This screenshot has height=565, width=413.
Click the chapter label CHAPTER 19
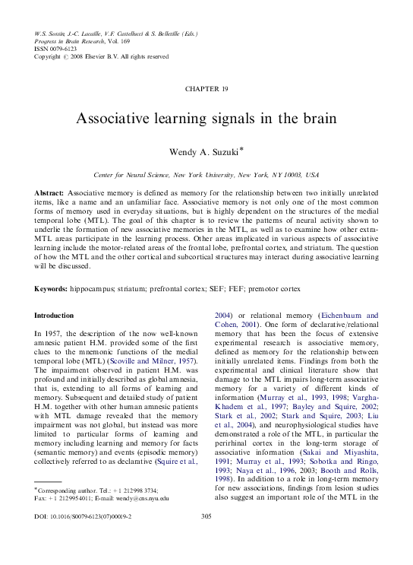point(206,89)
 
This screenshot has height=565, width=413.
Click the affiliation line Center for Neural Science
point(206,174)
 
